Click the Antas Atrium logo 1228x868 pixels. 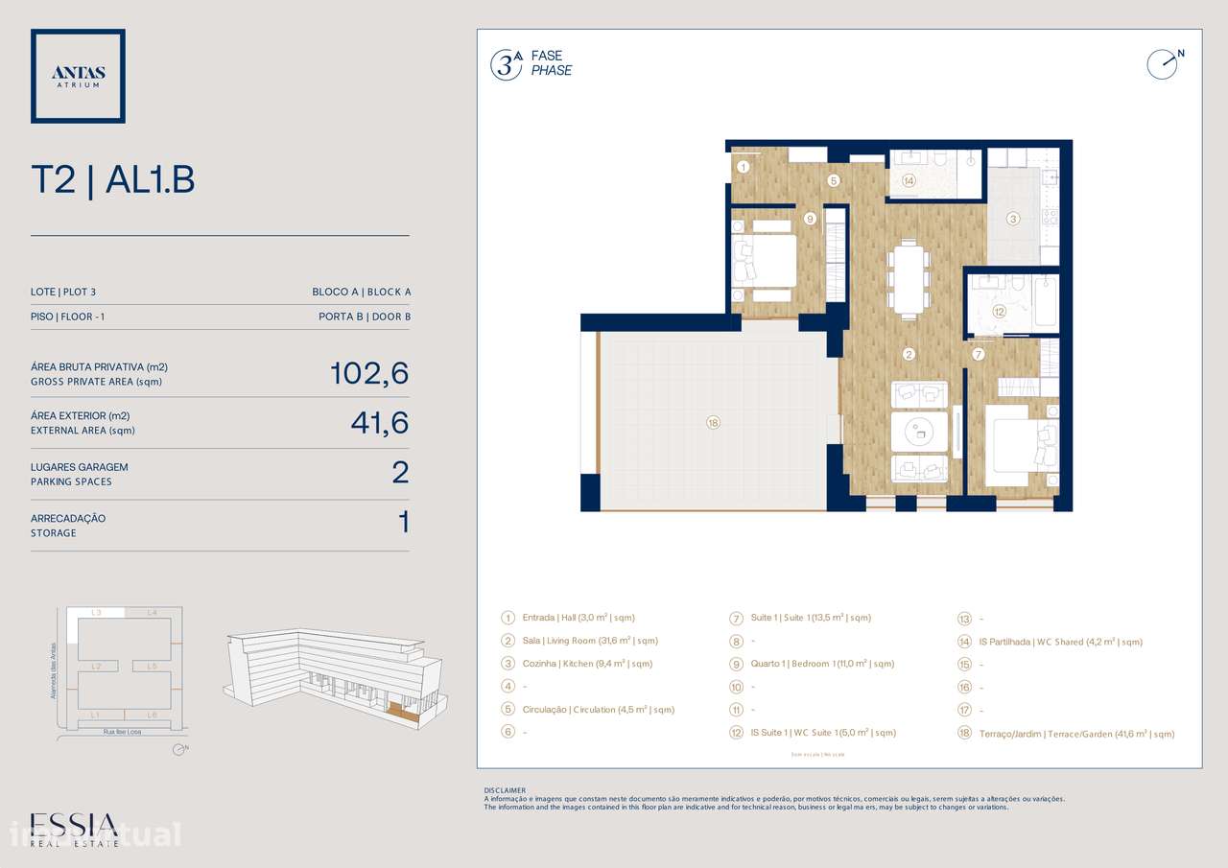78,76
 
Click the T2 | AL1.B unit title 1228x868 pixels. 113,179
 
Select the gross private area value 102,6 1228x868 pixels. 369,373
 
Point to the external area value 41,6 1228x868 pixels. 380,423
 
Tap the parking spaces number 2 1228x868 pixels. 400,473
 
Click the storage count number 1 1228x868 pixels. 403,523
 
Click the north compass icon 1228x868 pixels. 1162,63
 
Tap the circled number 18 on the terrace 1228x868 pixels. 712,422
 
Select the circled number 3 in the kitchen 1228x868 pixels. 1012,219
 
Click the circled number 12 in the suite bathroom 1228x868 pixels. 999,311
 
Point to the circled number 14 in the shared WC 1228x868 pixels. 908,180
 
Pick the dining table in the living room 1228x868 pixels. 908,279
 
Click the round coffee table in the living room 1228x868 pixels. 919,432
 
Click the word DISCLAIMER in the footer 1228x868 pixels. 505,790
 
